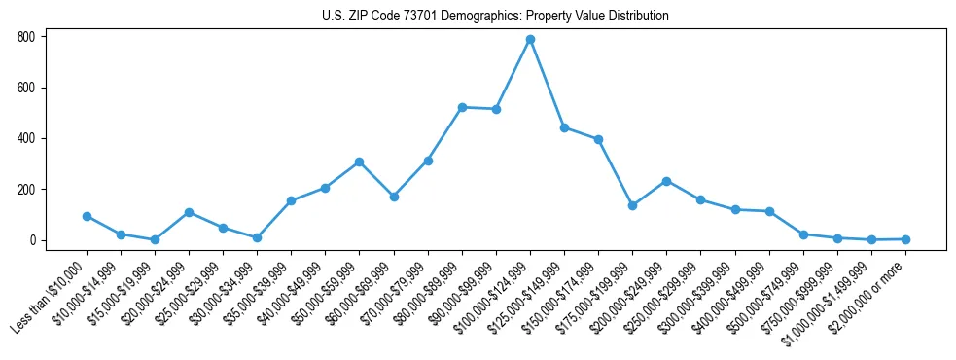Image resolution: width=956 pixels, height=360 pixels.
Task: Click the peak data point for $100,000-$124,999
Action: [530, 40]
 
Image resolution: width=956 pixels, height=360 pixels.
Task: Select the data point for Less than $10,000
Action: [87, 216]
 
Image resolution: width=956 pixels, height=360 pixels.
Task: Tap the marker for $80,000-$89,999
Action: [462, 107]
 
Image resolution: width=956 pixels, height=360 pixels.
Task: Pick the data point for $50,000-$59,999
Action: [359, 162]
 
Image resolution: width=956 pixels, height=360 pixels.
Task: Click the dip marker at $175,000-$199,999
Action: [632, 205]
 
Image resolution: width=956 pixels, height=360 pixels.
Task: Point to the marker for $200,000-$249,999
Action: [666, 181]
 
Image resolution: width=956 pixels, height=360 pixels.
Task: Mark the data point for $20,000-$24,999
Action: [189, 212]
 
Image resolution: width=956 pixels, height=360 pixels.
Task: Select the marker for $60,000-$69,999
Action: [393, 197]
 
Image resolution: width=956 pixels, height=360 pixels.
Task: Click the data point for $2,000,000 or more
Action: [905, 239]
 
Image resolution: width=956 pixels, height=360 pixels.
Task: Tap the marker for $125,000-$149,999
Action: [564, 127]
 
